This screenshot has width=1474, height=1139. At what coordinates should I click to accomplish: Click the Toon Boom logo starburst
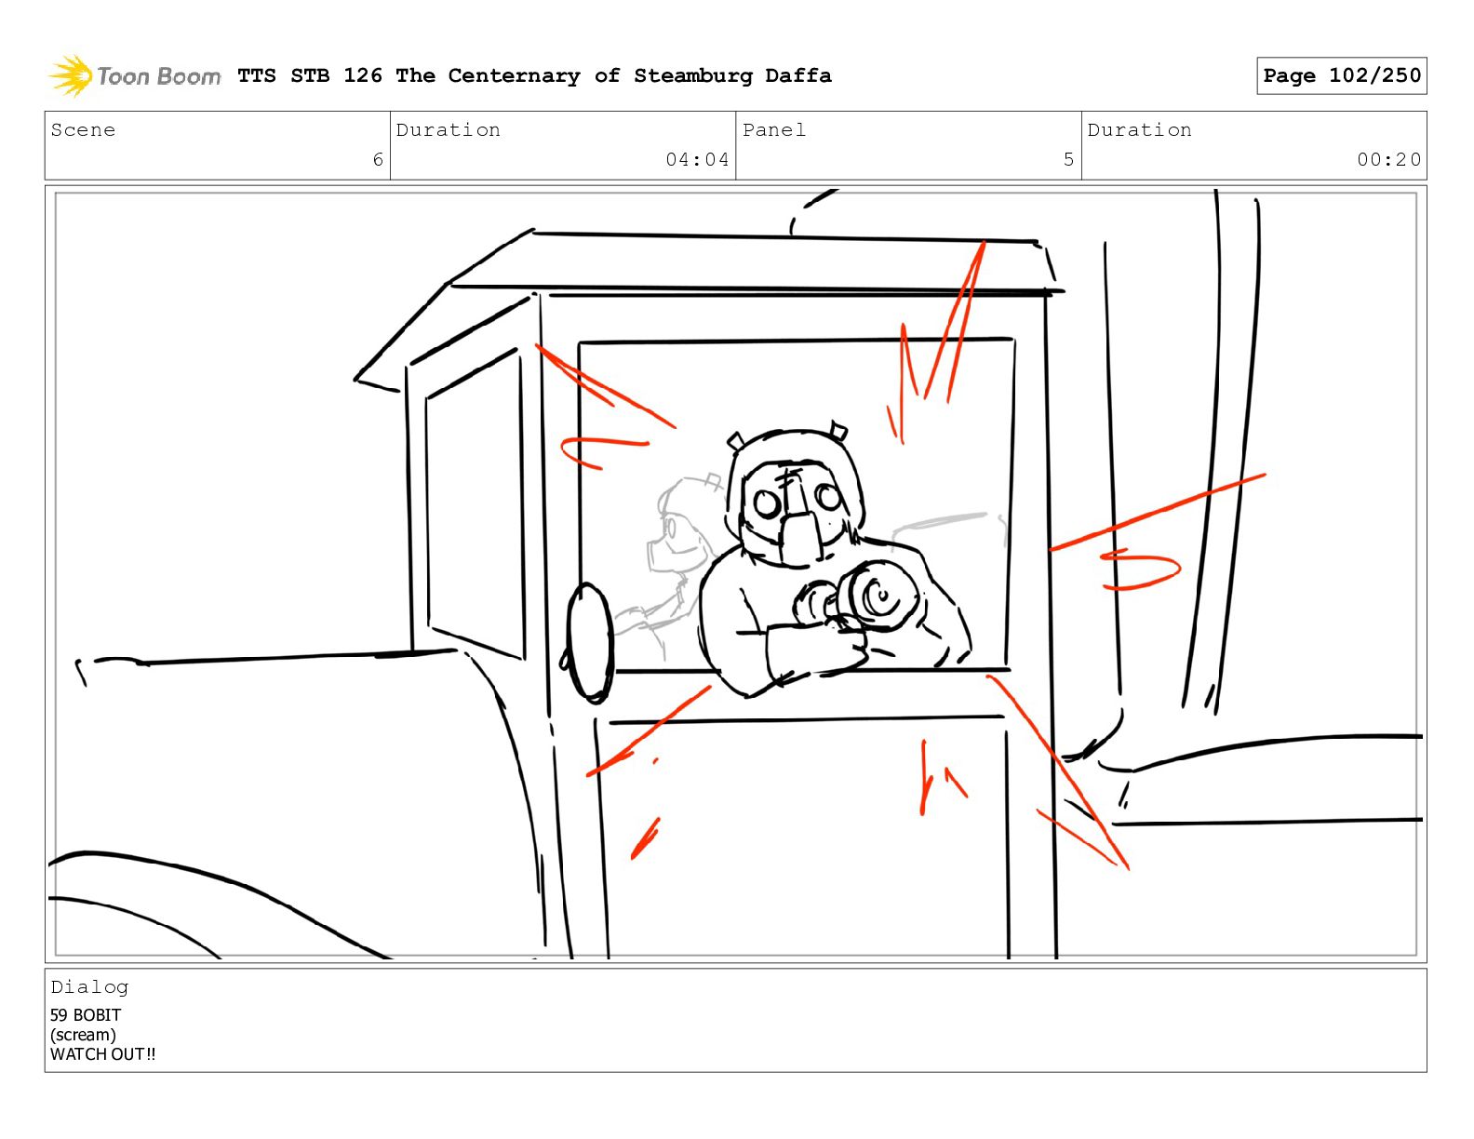[71, 75]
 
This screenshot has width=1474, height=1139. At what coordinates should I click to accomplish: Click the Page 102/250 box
[1341, 75]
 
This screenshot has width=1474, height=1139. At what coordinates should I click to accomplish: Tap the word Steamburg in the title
[692, 75]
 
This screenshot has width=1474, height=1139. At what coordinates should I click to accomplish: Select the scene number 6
[378, 159]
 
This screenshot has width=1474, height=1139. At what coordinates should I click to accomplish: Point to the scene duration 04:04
[697, 159]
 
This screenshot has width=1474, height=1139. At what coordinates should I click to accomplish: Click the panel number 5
[1068, 159]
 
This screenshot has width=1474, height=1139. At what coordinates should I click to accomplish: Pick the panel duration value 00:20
[1387, 159]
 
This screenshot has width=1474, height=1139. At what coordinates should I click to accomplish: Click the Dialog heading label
[89, 987]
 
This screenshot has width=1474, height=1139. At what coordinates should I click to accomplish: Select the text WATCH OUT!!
[102, 1054]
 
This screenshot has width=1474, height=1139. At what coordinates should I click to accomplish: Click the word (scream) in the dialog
[84, 1035]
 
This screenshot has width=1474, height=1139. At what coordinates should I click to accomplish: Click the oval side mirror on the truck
[589, 643]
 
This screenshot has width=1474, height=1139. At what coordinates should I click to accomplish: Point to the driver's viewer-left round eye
[767, 503]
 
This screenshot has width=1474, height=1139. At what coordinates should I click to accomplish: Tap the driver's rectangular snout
[800, 538]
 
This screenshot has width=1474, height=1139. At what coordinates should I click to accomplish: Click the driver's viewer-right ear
[839, 430]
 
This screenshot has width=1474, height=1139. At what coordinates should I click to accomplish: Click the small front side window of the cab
[476, 504]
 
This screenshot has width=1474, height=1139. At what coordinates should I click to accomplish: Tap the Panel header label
[774, 129]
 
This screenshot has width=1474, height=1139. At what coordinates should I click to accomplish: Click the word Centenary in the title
[515, 75]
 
